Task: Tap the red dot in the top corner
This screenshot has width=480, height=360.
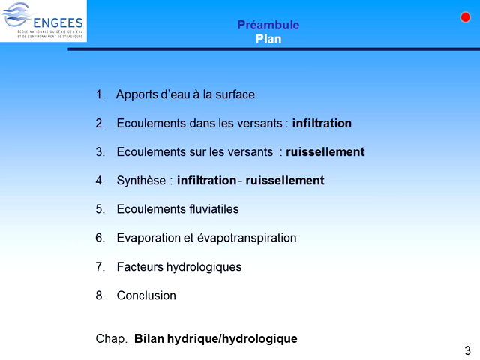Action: tap(465, 17)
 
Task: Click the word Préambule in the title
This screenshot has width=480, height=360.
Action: tap(268, 25)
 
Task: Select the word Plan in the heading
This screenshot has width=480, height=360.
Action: tap(268, 40)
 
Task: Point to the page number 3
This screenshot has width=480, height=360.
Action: tap(468, 350)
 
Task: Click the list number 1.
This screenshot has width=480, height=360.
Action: tap(100, 94)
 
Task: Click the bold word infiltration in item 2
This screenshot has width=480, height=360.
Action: tap(322, 123)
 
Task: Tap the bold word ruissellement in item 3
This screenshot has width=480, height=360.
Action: tap(325, 152)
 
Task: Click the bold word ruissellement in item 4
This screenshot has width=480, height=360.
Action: tap(284, 181)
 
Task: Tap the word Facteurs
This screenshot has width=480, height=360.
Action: tap(140, 267)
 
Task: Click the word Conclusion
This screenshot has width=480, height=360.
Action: tap(146, 295)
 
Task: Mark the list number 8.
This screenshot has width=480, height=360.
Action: tap(100, 295)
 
